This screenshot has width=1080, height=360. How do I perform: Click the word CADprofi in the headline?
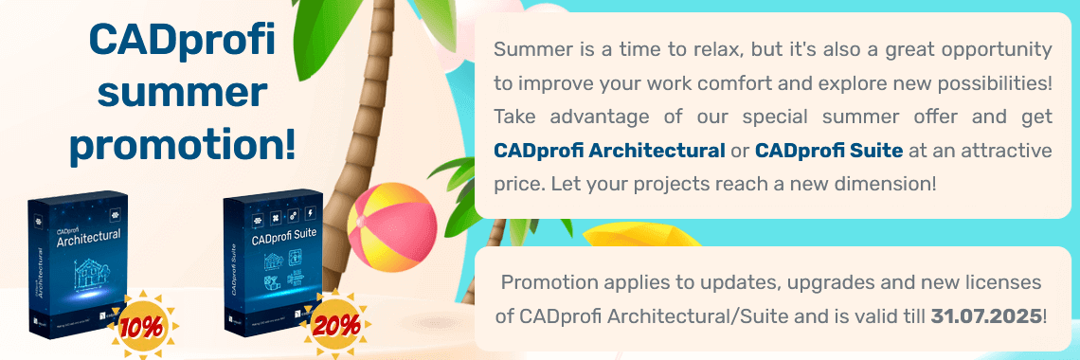(x=181, y=41)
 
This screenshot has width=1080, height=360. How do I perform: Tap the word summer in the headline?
(x=181, y=93)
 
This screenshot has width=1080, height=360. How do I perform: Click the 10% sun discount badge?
(x=138, y=325)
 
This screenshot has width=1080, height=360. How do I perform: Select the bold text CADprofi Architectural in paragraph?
(x=610, y=150)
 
